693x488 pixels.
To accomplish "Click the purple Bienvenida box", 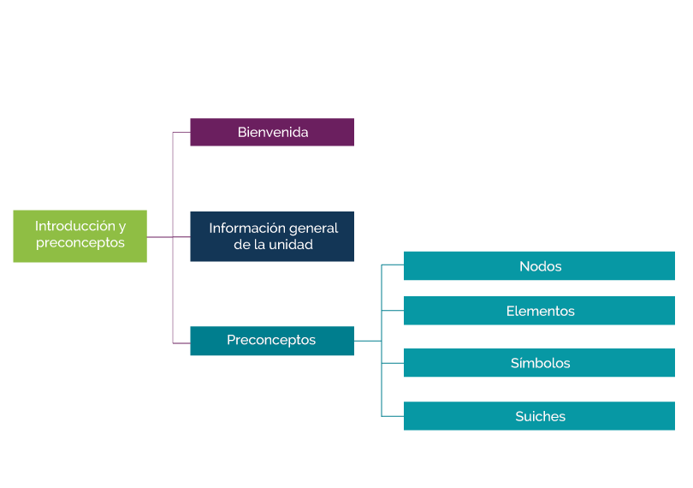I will coord(272,133).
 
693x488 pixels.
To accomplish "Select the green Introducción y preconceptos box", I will coord(80,235).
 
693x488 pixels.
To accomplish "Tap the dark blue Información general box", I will coord(272,236).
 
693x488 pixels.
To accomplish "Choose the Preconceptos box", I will coord(272,341).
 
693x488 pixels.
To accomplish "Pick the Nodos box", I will coord(539,266).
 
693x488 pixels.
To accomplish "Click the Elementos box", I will coord(539,311).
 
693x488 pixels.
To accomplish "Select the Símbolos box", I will coord(539,363).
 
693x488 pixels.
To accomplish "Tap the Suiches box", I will coord(539,416).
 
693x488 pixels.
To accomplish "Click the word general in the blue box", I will coord(313,228).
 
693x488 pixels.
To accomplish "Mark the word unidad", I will coord(291,245).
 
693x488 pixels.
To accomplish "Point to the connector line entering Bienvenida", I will coord(181,133).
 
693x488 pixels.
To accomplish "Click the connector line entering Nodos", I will coord(393,265).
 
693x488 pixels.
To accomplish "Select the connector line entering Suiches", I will coord(393,416).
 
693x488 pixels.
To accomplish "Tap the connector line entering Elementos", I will coord(393,311).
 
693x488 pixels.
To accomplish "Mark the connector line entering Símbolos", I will coord(393,363).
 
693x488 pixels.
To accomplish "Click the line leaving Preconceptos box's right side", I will coord(367,341).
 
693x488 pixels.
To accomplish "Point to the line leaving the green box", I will coord(159,237).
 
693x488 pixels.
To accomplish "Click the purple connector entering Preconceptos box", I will coord(181,343).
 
